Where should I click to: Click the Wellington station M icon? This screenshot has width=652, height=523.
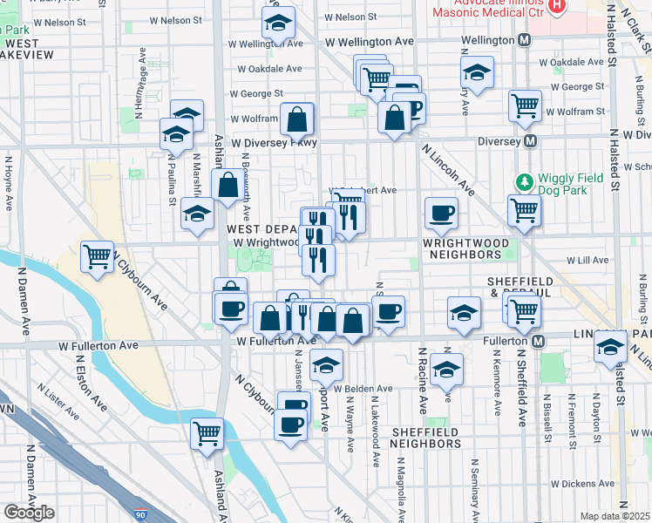coord(525,40)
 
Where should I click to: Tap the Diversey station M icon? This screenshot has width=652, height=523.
coord(529,141)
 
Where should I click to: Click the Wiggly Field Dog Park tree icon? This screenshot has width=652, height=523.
coord(524,182)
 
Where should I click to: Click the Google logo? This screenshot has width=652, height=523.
coord(29,512)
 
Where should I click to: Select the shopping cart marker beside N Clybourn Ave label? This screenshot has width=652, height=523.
coord(97,256)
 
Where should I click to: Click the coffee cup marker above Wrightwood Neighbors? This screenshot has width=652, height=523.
coord(441,212)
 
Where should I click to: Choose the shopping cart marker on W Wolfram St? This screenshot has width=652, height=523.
coord(525,105)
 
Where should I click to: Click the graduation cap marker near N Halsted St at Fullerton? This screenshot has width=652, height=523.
coord(610,346)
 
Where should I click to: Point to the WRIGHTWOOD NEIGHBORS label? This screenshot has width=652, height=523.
coord(462,248)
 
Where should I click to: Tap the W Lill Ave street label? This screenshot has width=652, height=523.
coord(587,260)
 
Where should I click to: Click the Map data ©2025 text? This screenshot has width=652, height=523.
coord(615,516)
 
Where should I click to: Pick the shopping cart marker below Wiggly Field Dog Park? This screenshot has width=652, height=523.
coord(524,210)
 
